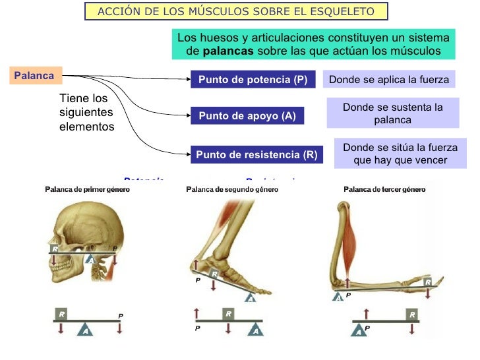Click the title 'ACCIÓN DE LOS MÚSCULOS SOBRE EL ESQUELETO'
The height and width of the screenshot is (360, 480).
click(x=235, y=11)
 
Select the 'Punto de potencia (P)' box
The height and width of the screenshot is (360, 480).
click(x=253, y=80)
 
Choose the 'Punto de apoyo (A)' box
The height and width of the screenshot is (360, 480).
click(x=247, y=116)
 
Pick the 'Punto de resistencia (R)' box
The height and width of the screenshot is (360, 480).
click(x=256, y=156)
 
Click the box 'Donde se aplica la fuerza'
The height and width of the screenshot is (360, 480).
click(x=388, y=80)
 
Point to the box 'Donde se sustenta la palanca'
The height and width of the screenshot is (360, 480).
click(x=392, y=113)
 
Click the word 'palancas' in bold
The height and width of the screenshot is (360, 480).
click(x=227, y=51)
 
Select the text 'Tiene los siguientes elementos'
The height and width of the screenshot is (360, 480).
click(x=86, y=112)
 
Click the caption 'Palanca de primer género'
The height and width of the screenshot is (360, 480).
click(x=87, y=189)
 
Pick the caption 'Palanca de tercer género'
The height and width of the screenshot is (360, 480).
click(x=384, y=189)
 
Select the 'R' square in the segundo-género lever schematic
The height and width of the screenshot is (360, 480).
click(x=228, y=314)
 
